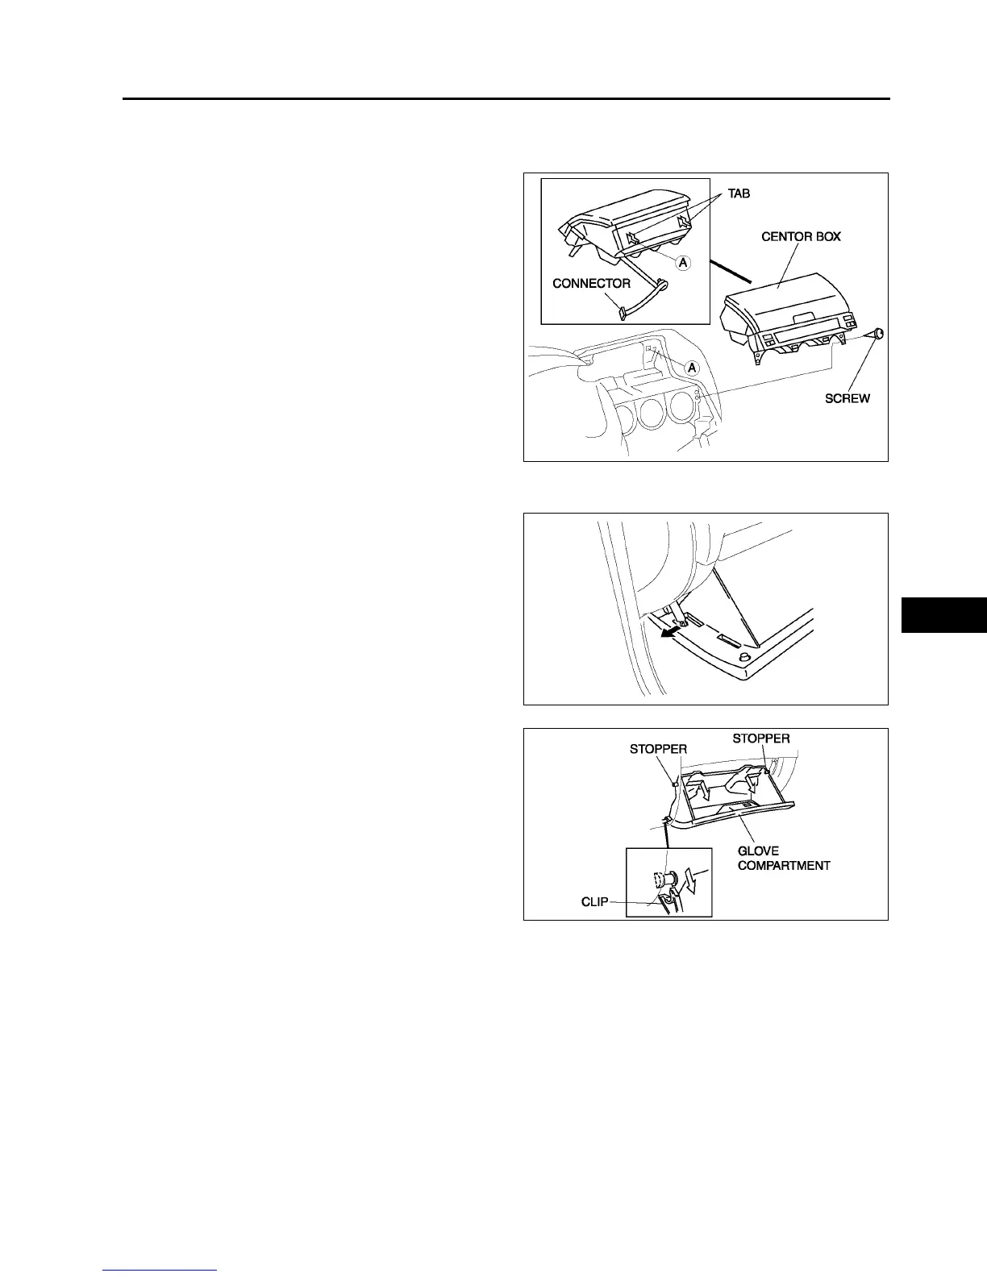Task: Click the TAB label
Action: (739, 194)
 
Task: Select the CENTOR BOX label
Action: (801, 237)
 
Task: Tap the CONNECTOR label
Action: (591, 284)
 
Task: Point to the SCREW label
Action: (847, 398)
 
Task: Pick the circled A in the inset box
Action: (683, 262)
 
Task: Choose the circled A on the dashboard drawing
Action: (691, 368)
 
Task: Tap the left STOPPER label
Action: (658, 750)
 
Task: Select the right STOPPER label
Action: (760, 738)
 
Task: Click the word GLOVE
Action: (758, 851)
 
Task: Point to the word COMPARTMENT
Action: (784, 866)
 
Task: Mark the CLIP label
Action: (595, 902)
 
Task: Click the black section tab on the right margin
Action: (943, 615)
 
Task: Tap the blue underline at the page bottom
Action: (160, 1271)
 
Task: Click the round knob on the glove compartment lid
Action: (745, 661)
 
